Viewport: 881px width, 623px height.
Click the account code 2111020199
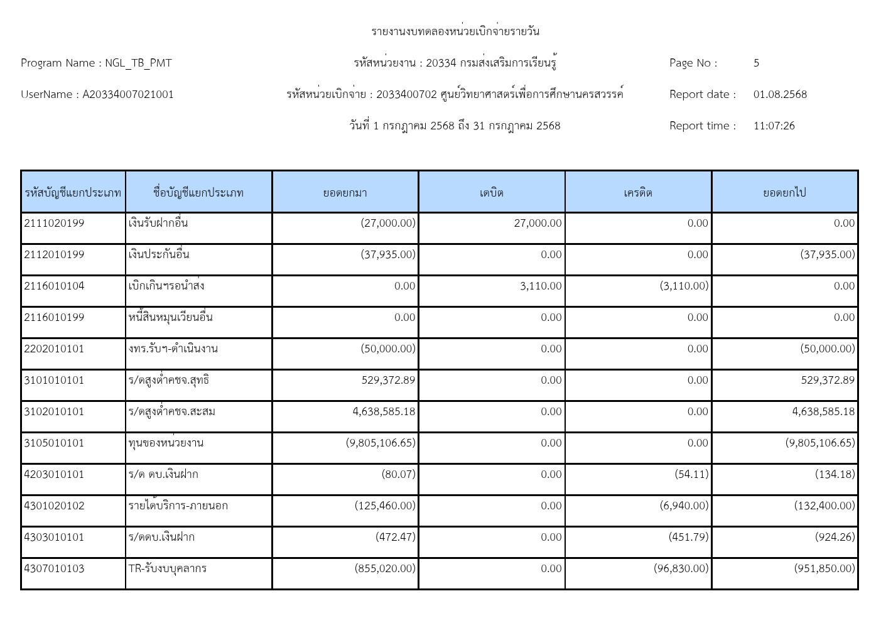(x=54, y=223)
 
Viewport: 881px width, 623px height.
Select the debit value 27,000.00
(x=538, y=223)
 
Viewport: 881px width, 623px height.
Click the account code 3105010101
(x=54, y=443)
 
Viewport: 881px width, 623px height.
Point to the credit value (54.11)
(x=691, y=474)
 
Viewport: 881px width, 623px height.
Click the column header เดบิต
(x=492, y=192)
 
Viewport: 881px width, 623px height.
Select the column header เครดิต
(x=638, y=192)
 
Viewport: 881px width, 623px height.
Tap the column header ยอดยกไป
(x=784, y=192)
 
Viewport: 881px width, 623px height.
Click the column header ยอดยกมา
(x=345, y=192)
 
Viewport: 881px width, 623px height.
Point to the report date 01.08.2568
(x=780, y=94)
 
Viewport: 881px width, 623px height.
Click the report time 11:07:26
(x=774, y=126)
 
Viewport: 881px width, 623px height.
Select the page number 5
(x=756, y=63)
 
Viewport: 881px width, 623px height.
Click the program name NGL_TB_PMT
(x=138, y=63)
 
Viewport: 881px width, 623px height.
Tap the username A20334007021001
(x=128, y=94)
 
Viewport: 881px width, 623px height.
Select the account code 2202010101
(x=54, y=349)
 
